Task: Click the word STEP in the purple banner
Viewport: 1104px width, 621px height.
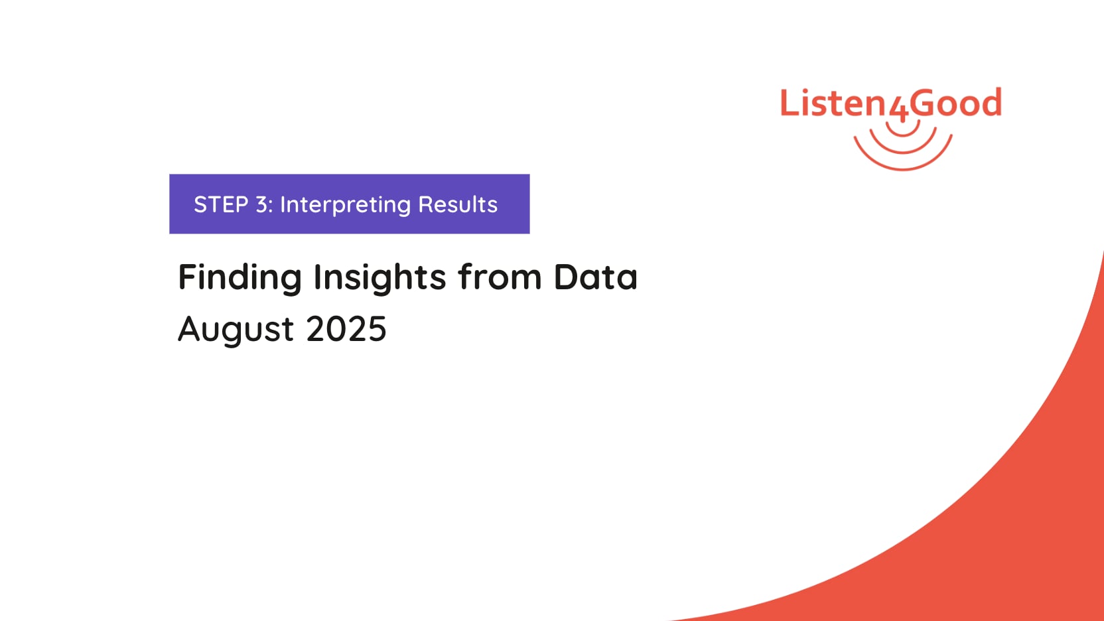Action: [x=221, y=204]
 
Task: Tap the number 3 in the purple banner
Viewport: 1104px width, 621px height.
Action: [x=261, y=204]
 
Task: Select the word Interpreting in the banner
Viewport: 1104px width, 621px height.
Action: [x=345, y=205]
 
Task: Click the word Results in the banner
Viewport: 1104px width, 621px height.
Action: [x=458, y=204]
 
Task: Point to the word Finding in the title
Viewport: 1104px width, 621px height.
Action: [x=240, y=277]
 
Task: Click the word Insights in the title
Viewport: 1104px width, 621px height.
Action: [x=379, y=277]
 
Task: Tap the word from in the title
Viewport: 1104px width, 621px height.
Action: [x=500, y=276]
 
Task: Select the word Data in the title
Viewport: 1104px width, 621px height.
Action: [x=595, y=277]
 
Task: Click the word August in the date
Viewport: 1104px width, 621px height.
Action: [x=236, y=329]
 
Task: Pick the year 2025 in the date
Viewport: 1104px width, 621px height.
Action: [x=346, y=328]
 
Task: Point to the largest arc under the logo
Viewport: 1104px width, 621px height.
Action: [x=903, y=169]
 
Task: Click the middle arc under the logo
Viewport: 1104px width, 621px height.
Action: [x=903, y=152]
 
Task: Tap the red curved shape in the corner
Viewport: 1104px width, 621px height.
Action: [x=1010, y=517]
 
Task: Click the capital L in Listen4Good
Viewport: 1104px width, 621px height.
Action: [x=790, y=103]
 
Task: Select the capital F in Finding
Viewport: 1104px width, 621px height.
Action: [x=187, y=277]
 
